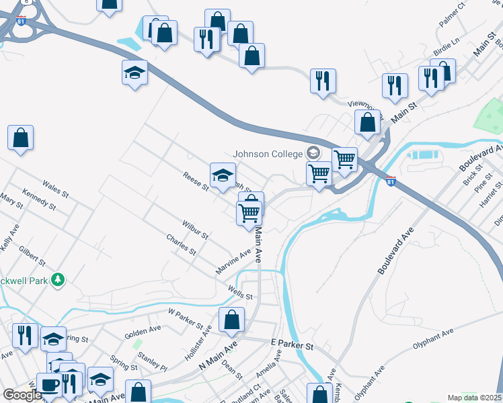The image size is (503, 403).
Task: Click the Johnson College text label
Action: coord(268,154)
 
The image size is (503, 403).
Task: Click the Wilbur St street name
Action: coord(194,229)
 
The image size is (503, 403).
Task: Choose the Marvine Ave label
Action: coord(233,261)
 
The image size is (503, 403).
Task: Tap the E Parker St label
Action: coord(293,344)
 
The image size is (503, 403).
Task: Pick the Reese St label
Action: coord(196,181)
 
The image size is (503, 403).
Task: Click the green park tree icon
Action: coord(58,279)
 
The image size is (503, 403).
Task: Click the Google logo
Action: coord(22,395)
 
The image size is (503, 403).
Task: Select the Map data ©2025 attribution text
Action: coord(474,398)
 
